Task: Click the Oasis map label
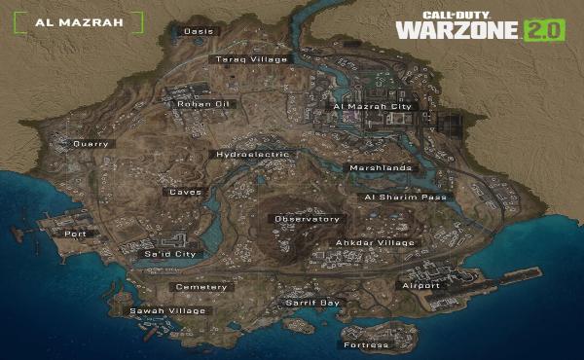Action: click(199, 31)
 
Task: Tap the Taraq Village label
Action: click(251, 59)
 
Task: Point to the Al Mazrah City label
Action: click(373, 106)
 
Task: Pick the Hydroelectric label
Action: click(251, 155)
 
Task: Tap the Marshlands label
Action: click(381, 167)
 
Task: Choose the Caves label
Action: click(185, 192)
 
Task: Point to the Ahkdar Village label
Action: click(376, 242)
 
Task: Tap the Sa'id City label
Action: click(170, 254)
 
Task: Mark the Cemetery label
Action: click(201, 287)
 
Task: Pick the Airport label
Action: click(420, 286)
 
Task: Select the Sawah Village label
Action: click(168, 311)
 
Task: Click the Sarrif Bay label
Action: click(312, 303)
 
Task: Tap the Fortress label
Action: click(366, 344)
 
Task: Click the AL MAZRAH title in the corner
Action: click(77, 21)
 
